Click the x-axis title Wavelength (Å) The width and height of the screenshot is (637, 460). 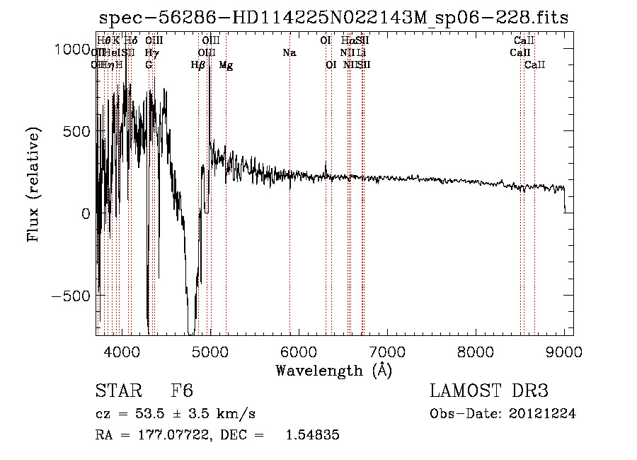[x=333, y=371]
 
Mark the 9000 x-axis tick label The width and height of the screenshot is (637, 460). [x=563, y=351]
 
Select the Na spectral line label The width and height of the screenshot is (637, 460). [x=289, y=53]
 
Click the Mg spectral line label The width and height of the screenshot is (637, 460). [x=226, y=65]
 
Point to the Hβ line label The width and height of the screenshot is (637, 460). [x=198, y=65]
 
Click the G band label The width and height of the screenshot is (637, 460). [x=149, y=65]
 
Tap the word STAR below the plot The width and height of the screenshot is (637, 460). [x=117, y=392]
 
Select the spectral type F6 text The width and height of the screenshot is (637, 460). [x=182, y=392]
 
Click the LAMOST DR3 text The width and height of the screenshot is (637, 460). [x=489, y=392]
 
